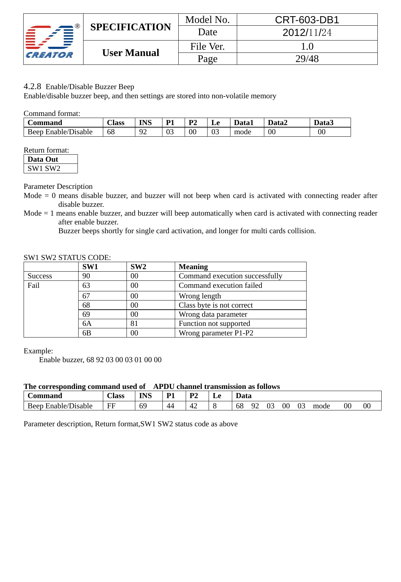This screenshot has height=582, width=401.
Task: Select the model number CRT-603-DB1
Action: pyautogui.click(x=307, y=20)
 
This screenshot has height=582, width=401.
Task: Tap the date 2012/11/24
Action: pyautogui.click(x=307, y=33)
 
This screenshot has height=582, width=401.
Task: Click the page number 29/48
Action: pyautogui.click(x=307, y=59)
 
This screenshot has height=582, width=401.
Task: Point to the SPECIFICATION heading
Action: pyautogui.click(x=130, y=27)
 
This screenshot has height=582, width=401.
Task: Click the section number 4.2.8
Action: pyautogui.click(x=32, y=86)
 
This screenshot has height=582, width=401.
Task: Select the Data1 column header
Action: pyautogui.click(x=243, y=123)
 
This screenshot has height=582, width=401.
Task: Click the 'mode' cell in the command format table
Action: pyautogui.click(x=242, y=132)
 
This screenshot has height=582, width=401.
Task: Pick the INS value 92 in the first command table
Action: pyautogui.click(x=143, y=132)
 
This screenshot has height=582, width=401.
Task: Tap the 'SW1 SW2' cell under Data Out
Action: pyautogui.click(x=44, y=168)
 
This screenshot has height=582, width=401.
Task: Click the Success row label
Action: pyautogui.click(x=40, y=276)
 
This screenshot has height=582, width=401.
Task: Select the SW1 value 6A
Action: pyautogui.click(x=87, y=323)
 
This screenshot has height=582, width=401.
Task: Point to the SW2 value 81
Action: pyautogui.click(x=134, y=323)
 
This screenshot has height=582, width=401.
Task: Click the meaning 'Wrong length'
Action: pyautogui.click(x=200, y=296)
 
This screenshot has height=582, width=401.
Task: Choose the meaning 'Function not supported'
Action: pyautogui.click(x=214, y=323)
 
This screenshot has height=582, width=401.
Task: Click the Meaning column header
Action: pyautogui.click(x=193, y=267)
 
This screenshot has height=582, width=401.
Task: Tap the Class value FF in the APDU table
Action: pyautogui.click(x=111, y=406)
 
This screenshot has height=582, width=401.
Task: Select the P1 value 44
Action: pyautogui.click(x=170, y=406)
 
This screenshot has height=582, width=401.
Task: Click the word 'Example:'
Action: pyautogui.click(x=38, y=351)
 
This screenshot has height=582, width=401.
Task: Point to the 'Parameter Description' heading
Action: pyautogui.click(x=58, y=186)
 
